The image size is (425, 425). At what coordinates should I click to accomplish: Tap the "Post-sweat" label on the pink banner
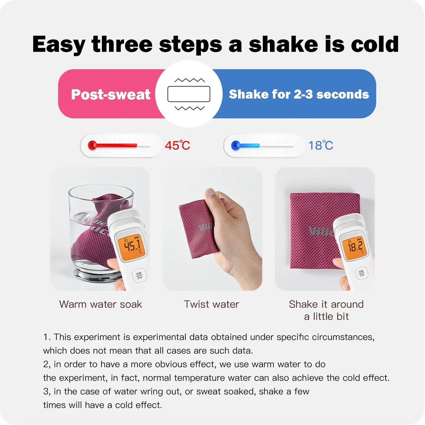coord(111,94)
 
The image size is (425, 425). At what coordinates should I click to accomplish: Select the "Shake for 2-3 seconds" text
coord(299,94)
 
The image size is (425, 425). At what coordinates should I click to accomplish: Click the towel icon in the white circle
coord(189,94)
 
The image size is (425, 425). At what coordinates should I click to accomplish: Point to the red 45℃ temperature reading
coord(177,145)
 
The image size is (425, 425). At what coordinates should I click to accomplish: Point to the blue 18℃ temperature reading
coord(321,145)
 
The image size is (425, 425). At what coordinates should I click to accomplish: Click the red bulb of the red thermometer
coord(92,145)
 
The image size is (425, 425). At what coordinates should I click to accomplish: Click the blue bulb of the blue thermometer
coord(236,145)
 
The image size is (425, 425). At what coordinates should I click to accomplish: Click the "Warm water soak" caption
coord(101,304)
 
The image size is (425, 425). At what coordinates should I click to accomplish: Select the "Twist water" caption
coord(211,304)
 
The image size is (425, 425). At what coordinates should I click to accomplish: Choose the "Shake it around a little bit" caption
coord(326,310)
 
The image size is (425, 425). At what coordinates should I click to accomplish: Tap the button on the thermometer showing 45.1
coord(139,276)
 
